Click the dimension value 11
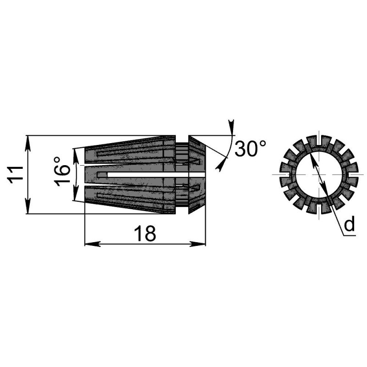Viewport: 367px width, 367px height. coord(16,175)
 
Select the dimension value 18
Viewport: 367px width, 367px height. coord(145,234)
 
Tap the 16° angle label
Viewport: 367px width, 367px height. coord(62,172)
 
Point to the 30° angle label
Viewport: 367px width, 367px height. coord(250,149)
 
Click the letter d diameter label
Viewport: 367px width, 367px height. coord(350,224)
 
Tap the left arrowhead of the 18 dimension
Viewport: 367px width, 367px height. coord(93,244)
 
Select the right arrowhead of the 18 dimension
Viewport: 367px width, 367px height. coord(198,244)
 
